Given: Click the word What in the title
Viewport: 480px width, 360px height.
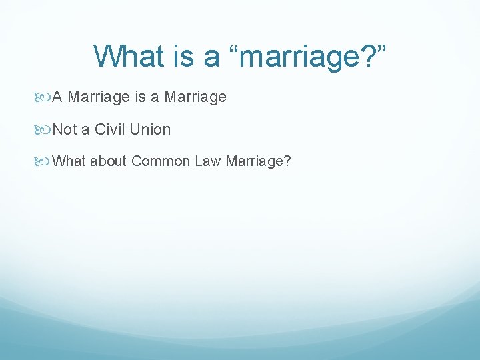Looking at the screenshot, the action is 129,55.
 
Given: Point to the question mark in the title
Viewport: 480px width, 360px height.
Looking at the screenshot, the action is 368,55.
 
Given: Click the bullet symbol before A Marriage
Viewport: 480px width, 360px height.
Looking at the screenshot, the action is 42,97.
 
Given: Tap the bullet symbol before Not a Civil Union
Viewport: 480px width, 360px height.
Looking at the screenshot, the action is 42,131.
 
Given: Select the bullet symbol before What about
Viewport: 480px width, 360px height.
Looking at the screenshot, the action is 42,161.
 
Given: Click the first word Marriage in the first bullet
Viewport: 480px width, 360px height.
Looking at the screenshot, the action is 99,98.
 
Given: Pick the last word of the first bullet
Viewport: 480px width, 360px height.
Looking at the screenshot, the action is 195,98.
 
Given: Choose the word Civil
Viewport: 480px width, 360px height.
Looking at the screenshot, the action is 109,129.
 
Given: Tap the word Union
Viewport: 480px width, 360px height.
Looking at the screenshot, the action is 150,129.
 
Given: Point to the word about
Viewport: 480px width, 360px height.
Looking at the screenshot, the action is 108,161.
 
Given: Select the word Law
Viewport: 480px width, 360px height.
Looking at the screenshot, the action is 208,161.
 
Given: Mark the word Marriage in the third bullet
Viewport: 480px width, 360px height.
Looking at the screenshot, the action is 255,161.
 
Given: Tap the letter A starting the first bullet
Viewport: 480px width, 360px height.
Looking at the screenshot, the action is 57,97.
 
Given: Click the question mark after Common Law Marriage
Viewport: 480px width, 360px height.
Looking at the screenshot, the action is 287,161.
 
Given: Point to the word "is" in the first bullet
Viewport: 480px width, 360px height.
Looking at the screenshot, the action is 139,97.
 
